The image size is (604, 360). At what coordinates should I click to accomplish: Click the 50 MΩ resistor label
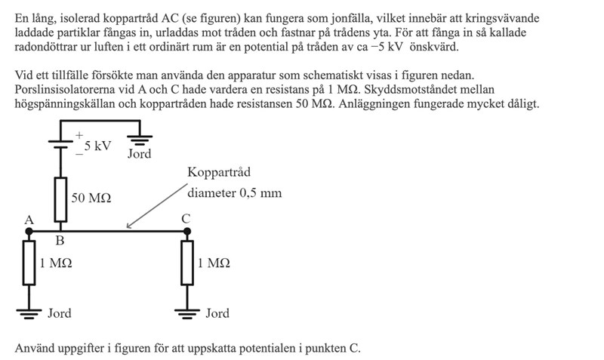coord(91,198)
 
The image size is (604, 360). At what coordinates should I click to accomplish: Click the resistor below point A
coord(29,263)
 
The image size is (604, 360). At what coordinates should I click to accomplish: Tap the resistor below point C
coord(186,263)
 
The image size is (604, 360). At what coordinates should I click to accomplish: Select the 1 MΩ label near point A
coord(56,263)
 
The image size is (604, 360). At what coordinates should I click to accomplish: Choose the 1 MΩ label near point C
coord(214,263)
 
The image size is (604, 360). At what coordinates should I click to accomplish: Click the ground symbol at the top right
coord(139,138)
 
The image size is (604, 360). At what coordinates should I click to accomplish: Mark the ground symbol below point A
coord(29,312)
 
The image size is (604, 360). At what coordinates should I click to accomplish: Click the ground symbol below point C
coord(186,312)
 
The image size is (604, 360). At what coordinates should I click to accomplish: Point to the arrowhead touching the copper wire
coord(129,226)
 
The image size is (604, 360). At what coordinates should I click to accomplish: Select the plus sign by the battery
coord(77,136)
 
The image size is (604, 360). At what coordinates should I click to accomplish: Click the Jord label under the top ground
coord(139,154)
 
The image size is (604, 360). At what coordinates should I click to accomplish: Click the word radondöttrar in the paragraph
coord(48,47)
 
